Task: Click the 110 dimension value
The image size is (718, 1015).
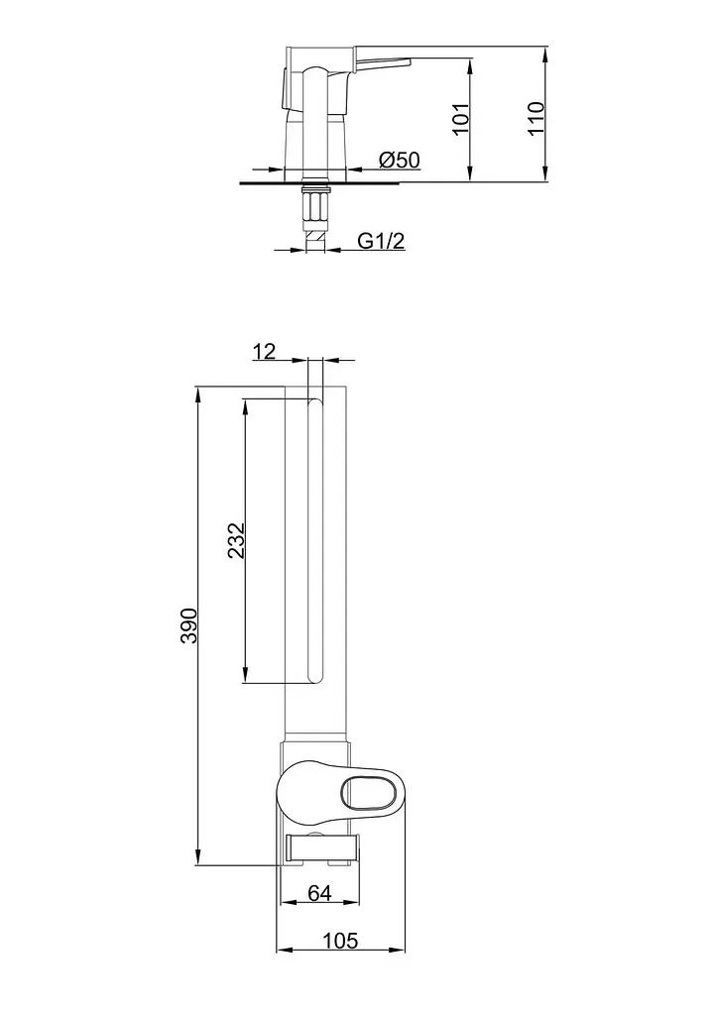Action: (x=537, y=118)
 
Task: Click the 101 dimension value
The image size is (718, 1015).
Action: (x=460, y=118)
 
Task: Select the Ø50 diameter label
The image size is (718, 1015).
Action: (x=400, y=160)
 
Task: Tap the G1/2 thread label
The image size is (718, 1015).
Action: (x=381, y=241)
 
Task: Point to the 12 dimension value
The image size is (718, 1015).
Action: (x=264, y=351)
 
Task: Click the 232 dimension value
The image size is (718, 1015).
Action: (x=237, y=540)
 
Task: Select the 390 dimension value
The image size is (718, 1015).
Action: (x=188, y=625)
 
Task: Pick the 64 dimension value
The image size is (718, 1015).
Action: (x=319, y=893)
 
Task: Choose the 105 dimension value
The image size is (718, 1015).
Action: (x=340, y=941)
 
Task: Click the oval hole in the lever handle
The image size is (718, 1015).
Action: (x=368, y=790)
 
